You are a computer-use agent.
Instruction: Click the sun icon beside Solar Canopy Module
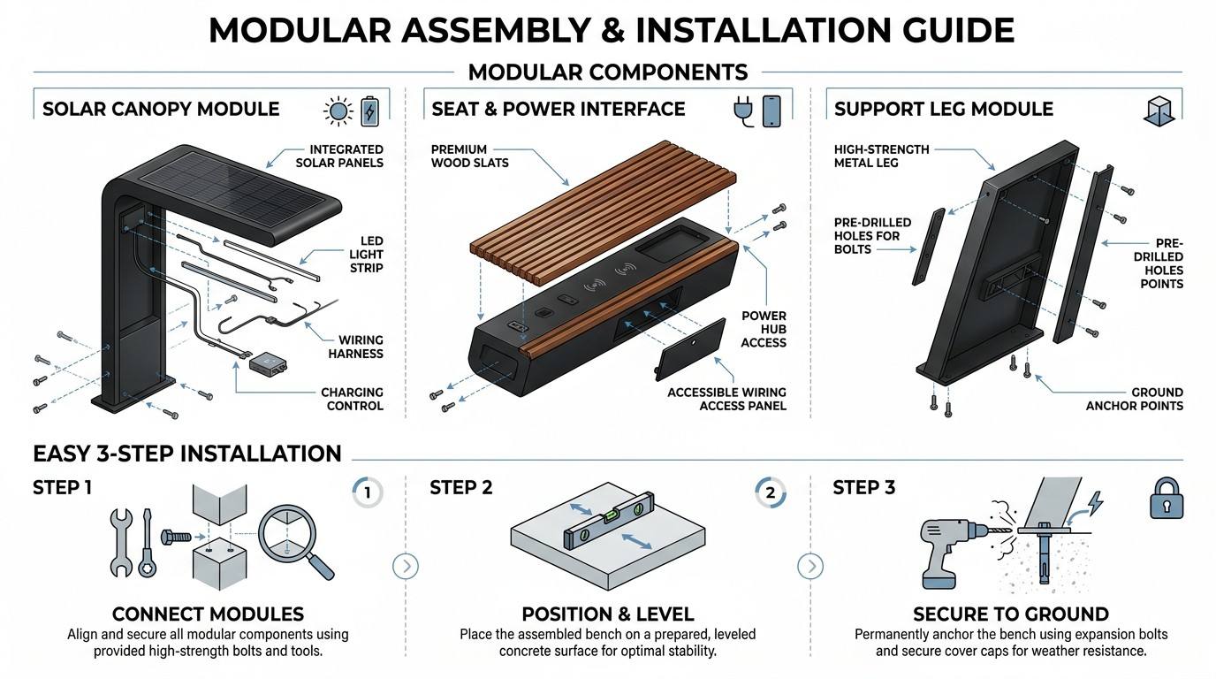(338, 111)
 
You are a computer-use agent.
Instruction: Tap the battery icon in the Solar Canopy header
(370, 111)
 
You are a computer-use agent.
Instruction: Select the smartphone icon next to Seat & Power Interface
(771, 111)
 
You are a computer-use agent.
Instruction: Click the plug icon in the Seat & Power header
(742, 112)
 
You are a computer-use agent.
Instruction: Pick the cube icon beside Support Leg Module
(1159, 111)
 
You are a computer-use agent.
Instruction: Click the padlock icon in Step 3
(1166, 498)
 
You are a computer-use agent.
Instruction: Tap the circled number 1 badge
(368, 492)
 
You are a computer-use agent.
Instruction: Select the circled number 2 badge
(771, 492)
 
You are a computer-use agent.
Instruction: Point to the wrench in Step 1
(121, 542)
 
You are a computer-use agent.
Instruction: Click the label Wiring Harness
(355, 347)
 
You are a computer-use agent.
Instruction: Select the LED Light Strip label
(366, 255)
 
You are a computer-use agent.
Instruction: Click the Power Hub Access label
(764, 329)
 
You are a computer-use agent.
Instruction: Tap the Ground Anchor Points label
(1134, 400)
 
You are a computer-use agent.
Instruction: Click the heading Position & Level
(607, 614)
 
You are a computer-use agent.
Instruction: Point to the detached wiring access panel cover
(690, 348)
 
